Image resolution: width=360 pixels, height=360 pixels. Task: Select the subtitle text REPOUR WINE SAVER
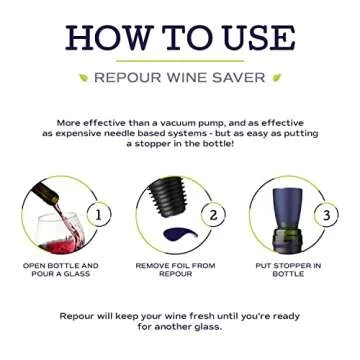[x=179, y=77]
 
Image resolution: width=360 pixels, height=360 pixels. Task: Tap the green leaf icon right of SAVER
[x=276, y=77]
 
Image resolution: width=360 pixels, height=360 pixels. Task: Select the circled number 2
[x=213, y=215]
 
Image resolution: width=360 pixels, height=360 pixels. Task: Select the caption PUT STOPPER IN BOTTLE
[x=289, y=269]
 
